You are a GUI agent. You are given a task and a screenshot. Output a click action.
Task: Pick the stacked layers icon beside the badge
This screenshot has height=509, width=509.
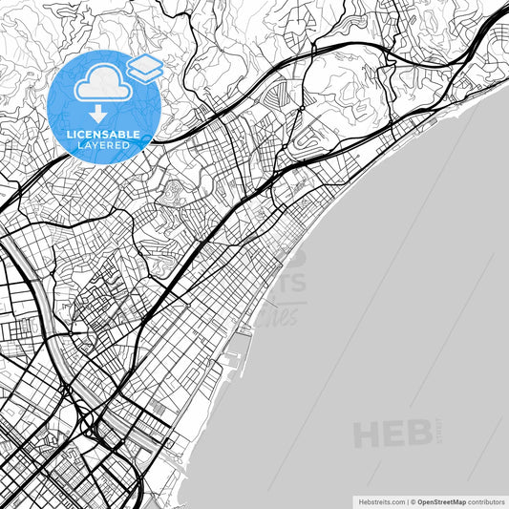[144, 67]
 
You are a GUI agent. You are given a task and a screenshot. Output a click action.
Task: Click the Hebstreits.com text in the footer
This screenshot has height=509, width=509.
[381, 500]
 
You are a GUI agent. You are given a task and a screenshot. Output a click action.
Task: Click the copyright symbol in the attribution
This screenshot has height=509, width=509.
[413, 500]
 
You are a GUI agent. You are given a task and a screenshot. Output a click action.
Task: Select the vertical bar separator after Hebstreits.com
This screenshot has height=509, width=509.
[406, 500]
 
